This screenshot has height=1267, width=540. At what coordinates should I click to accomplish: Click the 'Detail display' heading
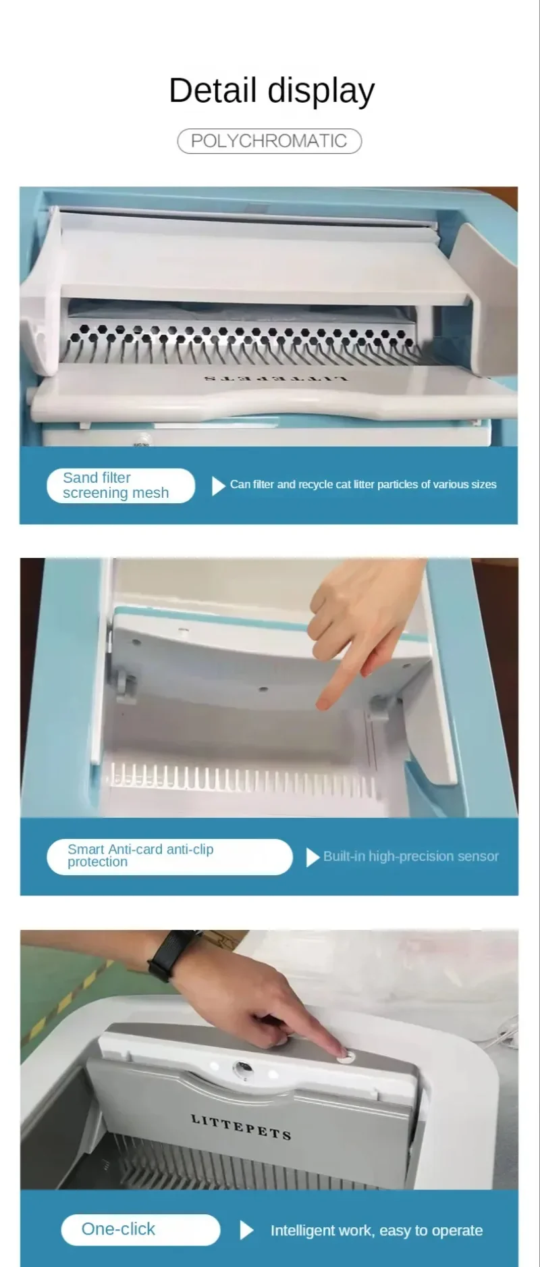point(271,91)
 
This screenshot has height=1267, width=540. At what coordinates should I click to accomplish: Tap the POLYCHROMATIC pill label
point(269,141)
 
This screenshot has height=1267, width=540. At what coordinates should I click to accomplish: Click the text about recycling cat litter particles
point(363,484)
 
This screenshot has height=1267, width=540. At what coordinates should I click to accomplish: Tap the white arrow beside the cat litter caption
point(218,486)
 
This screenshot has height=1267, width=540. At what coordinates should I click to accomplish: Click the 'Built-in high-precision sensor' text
point(410,856)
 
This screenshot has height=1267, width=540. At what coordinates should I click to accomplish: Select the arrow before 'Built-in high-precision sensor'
point(313,857)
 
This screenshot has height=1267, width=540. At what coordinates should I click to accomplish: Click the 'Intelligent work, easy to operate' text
point(377,1231)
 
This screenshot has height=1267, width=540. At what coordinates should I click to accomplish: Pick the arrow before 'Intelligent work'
point(247,1230)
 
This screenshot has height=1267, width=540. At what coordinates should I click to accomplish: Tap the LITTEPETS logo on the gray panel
point(241,1127)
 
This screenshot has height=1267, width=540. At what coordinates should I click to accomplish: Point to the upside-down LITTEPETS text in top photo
point(276,379)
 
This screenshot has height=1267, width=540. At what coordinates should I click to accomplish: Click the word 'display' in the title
point(321,91)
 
